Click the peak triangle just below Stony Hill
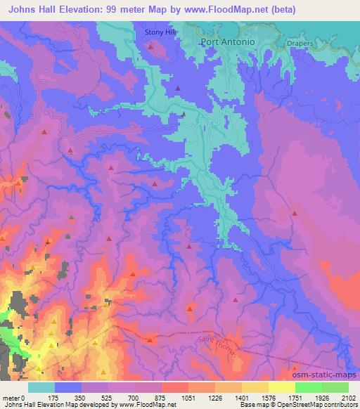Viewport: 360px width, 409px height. [150, 47]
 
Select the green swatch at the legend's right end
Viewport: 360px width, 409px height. [335, 387]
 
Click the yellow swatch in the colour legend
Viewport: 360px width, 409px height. [281, 387]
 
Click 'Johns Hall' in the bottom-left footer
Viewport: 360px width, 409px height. [17, 405]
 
